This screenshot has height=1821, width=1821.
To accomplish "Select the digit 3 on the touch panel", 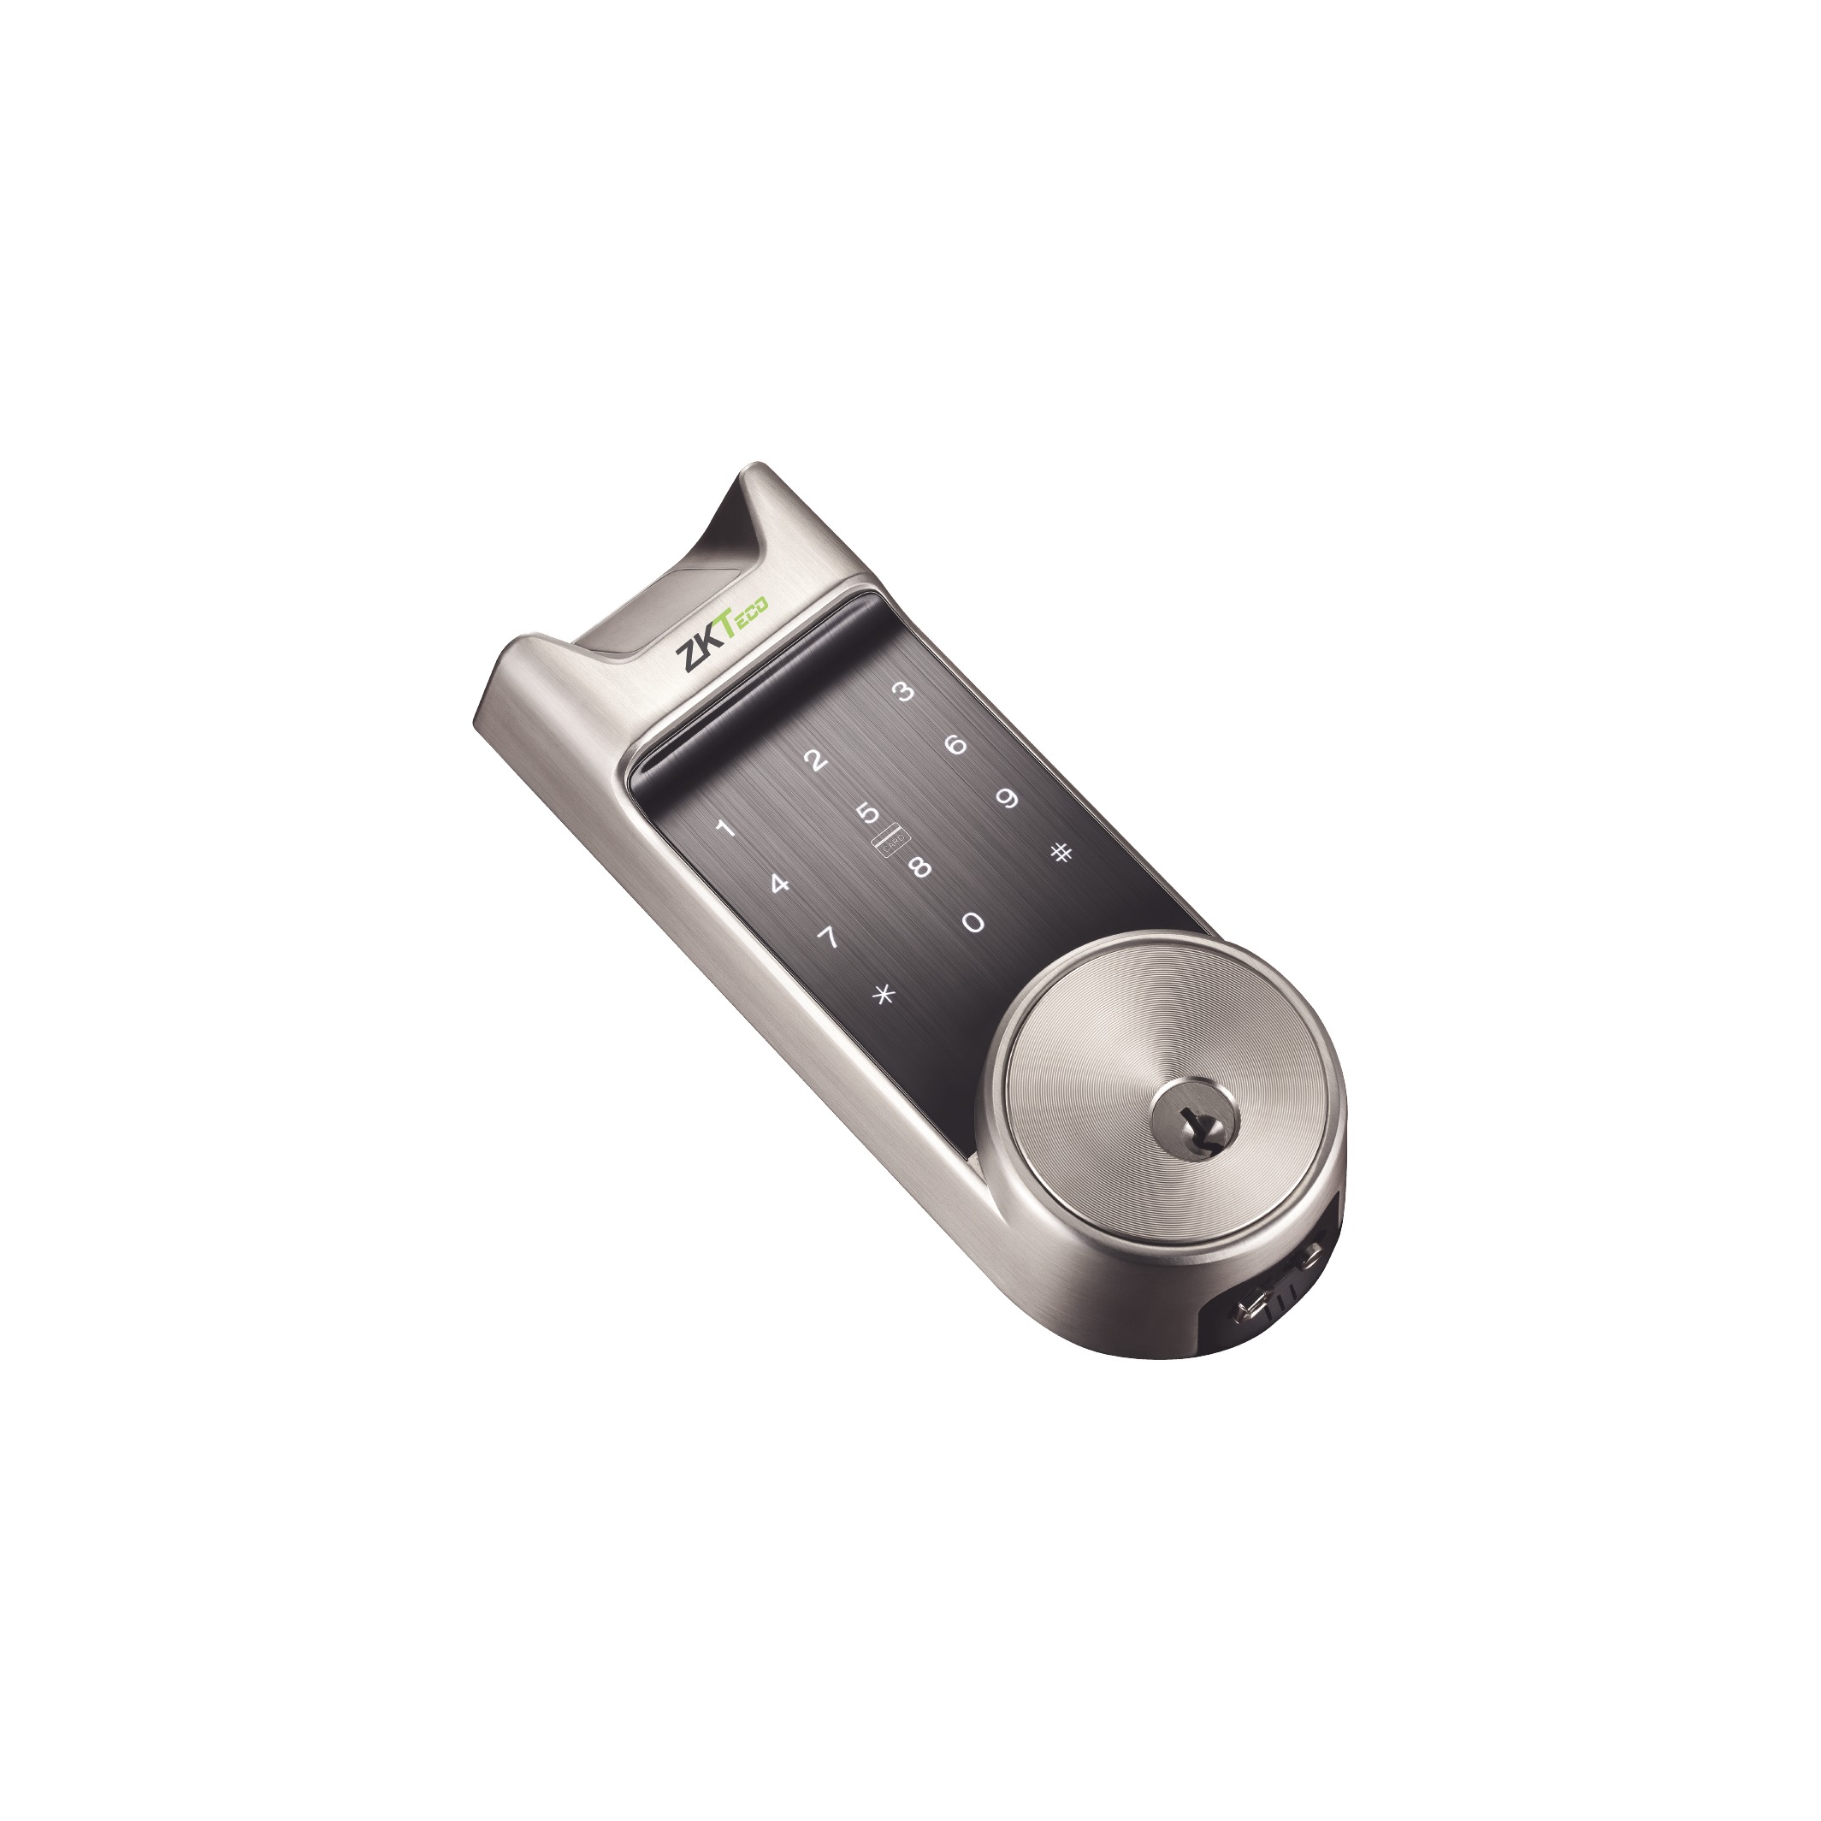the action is pos(904,693).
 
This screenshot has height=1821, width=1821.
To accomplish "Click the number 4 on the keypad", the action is pos(777,884).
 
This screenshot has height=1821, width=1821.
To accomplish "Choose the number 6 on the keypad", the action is pos(955,746).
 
